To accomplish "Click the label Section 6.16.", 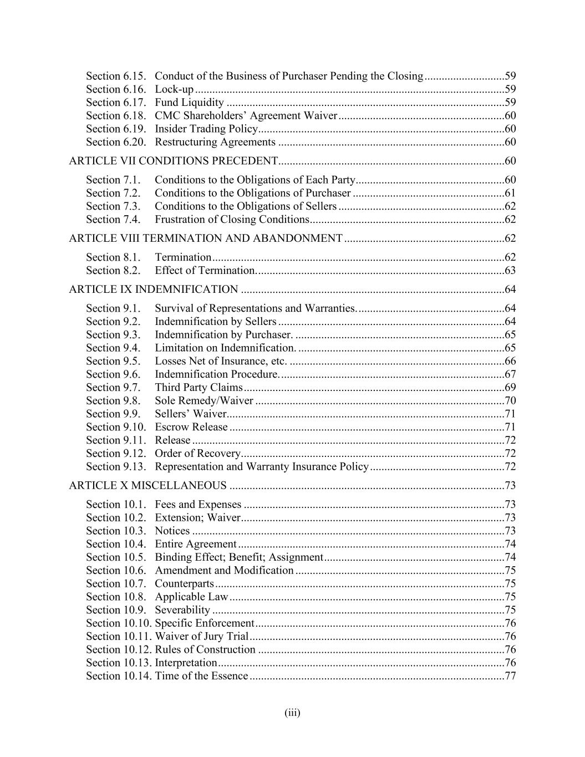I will point(116,89).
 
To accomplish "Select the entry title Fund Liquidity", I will point(189,103).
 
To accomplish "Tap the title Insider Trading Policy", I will point(206,129).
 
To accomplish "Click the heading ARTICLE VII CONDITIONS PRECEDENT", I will point(173,161).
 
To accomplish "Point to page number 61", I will point(510,193).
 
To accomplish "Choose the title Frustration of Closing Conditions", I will point(232,220).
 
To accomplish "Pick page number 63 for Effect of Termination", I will point(510,271).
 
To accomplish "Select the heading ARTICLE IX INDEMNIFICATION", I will point(154,289).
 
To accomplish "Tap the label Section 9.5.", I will point(113,361).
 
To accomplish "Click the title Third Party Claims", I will point(199,388).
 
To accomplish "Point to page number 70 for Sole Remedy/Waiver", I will point(510,401).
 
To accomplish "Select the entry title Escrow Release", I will point(191,427).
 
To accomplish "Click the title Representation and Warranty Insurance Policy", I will point(262,467).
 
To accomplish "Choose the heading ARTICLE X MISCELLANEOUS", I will point(147,486).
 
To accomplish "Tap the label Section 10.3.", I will point(116,531).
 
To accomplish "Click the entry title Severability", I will point(182,610).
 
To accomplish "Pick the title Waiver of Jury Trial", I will point(202,637).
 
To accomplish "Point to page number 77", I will point(510,676).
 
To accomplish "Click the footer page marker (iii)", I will point(292,713).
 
